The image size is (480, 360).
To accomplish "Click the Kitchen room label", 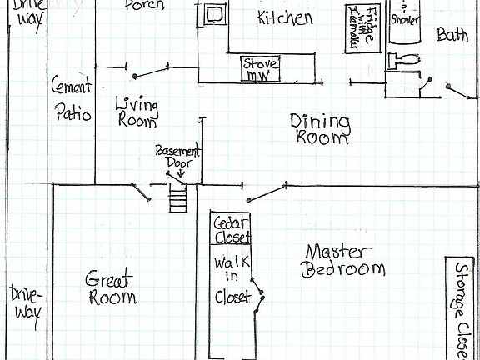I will (285, 18).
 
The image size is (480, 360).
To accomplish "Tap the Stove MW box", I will (261, 69).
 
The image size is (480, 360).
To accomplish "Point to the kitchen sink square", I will (214, 15).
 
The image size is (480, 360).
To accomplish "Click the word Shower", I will (404, 18).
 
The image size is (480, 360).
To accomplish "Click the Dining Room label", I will (320, 129).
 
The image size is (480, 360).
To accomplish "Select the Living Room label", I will (136, 112).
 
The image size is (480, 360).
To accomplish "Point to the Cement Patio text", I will (72, 98).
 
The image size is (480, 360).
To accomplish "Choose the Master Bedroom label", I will (344, 260).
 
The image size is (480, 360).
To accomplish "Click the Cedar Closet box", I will (231, 230).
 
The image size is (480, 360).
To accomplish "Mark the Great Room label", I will (111, 288).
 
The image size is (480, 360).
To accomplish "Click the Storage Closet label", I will (461, 308).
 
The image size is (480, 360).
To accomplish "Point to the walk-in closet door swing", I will (259, 294).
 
